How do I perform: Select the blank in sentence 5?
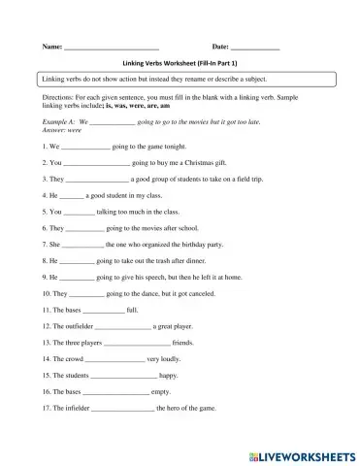pos(81,212)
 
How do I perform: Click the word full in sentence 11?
pos(132,310)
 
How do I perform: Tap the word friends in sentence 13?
pos(183,343)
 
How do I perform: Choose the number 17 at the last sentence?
pos(46,408)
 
